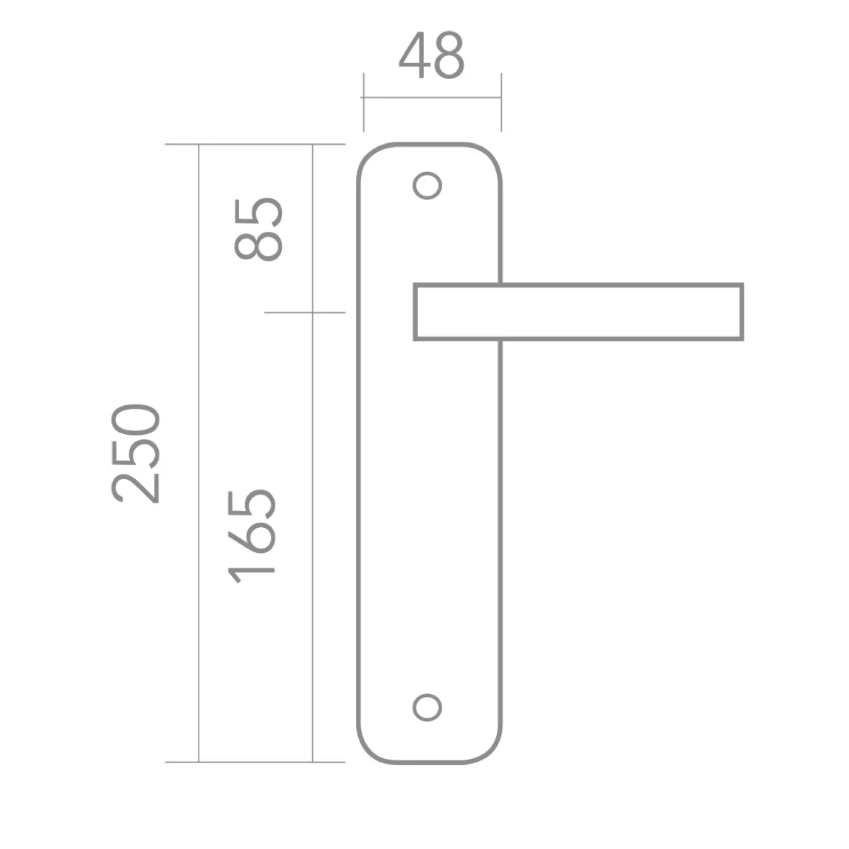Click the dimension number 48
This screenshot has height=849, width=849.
pos(432,55)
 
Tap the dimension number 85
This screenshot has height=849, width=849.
pos(258,230)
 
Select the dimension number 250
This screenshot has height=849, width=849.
pos(135,454)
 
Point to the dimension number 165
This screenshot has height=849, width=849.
pos(251,537)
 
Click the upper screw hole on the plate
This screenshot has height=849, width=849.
pos(427,186)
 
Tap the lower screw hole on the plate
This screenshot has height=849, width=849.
pos(427,708)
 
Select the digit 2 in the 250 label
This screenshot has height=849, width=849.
pos(135,487)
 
